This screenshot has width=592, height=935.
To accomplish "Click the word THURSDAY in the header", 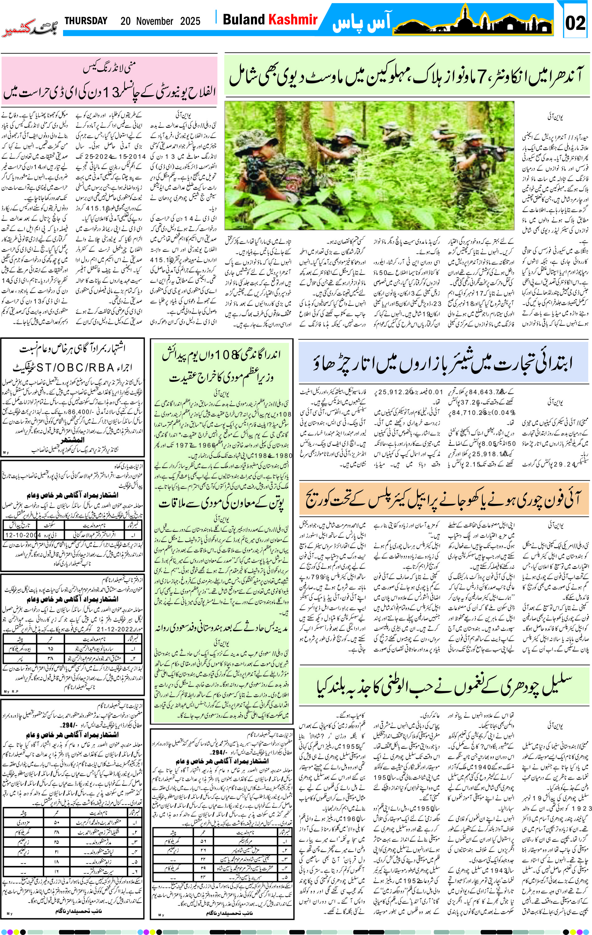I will coord(86,21).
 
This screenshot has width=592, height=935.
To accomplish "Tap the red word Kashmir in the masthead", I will coord(293,19).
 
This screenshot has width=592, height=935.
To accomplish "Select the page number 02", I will coord(575,23).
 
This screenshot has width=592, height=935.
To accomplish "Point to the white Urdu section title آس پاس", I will coord(361,23).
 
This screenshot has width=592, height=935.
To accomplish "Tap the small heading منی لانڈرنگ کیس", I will coord(109,69).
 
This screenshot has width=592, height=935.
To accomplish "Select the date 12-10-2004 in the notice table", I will coord(23,535).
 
